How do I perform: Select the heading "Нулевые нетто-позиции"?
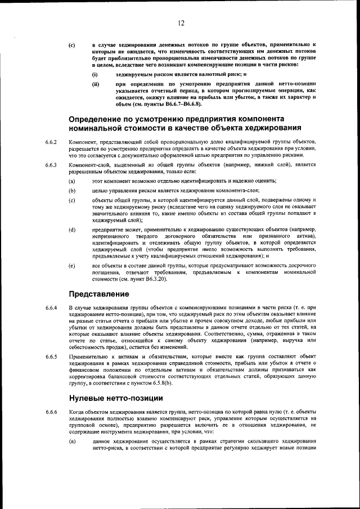point(115,398)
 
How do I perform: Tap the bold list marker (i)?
point(95,74)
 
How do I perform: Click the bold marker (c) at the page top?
point(71,44)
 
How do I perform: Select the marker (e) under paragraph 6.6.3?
point(71,264)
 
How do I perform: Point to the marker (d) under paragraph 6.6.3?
point(71,229)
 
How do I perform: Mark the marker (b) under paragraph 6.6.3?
point(71,190)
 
